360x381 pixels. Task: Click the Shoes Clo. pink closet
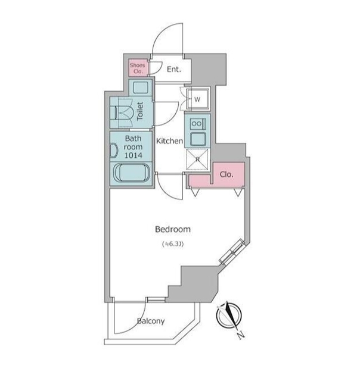coord(138,67)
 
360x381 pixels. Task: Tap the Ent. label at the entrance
coord(174,70)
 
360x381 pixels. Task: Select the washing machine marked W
coord(198,99)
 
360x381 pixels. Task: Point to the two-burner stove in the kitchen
coord(198,124)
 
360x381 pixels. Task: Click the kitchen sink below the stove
coord(198,139)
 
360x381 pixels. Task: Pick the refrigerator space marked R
coord(197,160)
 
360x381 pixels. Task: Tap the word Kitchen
coord(169,141)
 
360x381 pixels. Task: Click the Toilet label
coord(140,111)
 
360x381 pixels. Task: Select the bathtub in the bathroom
coord(132,173)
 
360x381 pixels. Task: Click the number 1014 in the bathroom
coord(133,155)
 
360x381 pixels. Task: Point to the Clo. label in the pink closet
coord(226,174)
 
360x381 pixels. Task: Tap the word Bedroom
coord(173,229)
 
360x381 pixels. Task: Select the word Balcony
coord(151,321)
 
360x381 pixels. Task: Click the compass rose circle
coord(229,316)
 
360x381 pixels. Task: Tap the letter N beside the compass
coord(241,335)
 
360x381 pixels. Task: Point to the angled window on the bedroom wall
coord(232,252)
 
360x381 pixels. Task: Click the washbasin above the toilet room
coord(140,88)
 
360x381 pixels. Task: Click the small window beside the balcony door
coord(156,299)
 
